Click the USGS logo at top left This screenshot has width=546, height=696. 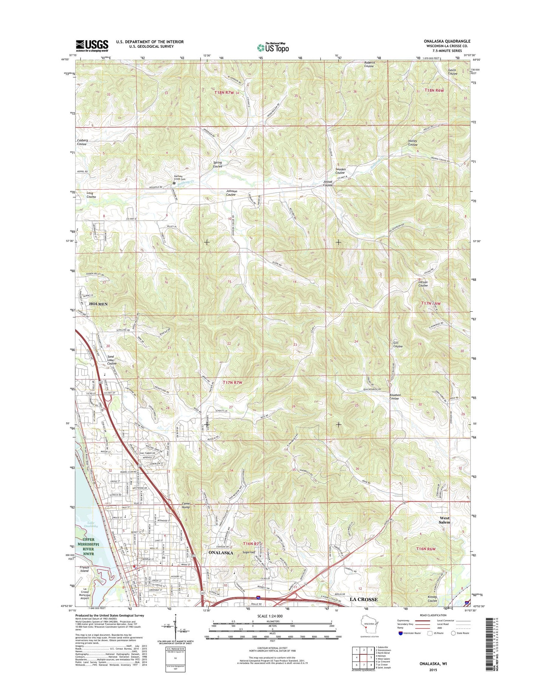92,45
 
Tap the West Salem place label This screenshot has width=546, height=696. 444,520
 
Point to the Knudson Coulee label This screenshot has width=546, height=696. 395,397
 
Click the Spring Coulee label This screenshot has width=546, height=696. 217,164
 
